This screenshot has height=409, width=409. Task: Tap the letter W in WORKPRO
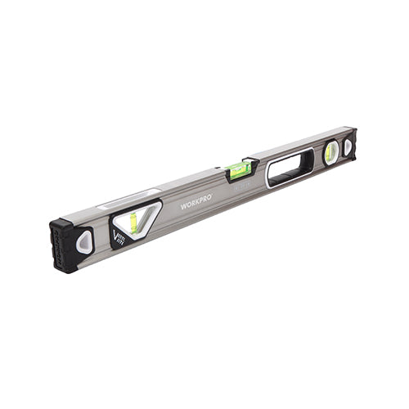click(x=184, y=204)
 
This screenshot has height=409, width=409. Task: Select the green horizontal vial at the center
click(x=240, y=169)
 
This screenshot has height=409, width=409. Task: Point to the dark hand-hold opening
click(x=290, y=167)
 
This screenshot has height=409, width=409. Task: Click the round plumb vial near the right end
click(x=331, y=152)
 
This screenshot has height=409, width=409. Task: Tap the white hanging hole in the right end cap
click(x=348, y=147)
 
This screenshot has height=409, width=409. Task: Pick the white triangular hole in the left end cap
click(x=84, y=242)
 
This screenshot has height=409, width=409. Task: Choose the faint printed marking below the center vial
click(x=245, y=186)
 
